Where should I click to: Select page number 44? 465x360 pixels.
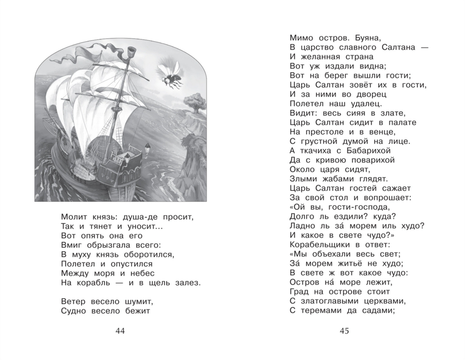pyautogui.click(x=120, y=331)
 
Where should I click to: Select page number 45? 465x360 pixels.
pyautogui.click(x=345, y=331)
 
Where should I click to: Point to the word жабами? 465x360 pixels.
pyautogui.click(x=334, y=177)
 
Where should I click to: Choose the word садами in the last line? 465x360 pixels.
pyautogui.click(x=375, y=311)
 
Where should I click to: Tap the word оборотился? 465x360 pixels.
pyautogui.click(x=150, y=254)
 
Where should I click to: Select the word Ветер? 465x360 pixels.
pyautogui.click(x=72, y=300)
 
